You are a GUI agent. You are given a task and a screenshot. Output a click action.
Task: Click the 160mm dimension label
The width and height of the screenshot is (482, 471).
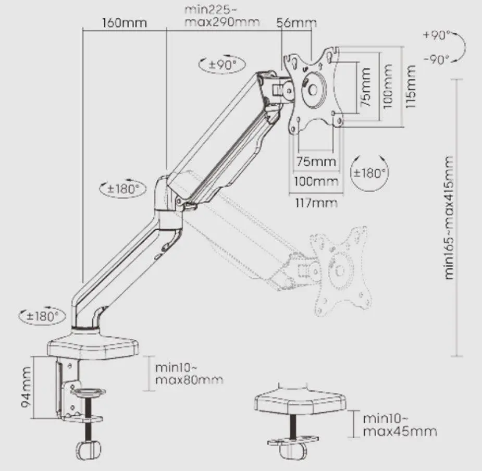[x=125, y=23]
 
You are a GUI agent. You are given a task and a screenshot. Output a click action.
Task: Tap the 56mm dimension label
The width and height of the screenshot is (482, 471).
[x=296, y=23]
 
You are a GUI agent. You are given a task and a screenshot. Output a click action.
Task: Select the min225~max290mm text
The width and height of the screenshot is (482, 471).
[x=221, y=16]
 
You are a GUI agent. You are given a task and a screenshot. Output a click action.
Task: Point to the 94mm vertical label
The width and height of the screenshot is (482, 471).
[x=26, y=387]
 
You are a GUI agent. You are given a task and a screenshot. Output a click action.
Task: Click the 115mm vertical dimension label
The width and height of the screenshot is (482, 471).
[x=411, y=86]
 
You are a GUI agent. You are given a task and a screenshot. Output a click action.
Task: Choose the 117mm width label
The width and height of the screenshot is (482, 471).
[x=316, y=203]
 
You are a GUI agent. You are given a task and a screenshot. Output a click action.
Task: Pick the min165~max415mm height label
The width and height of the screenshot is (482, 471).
[x=449, y=218]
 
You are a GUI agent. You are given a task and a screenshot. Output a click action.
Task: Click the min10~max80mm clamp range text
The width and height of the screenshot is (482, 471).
[x=189, y=374]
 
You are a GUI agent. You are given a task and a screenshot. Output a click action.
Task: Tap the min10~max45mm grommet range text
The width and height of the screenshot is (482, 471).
[x=400, y=425]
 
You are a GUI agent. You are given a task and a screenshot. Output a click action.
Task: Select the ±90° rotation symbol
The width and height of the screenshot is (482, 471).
[x=223, y=65]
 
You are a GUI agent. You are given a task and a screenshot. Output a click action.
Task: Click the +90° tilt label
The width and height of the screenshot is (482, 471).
[x=436, y=35]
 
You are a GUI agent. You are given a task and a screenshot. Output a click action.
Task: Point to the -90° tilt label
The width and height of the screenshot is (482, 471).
[x=436, y=59]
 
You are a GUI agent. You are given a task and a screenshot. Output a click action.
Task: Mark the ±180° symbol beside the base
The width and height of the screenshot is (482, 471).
[x=42, y=315]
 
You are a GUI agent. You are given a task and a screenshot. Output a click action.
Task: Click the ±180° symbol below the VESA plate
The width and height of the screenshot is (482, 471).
[x=369, y=173]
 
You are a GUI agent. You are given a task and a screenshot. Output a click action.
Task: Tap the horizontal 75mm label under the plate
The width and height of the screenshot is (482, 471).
[x=316, y=162]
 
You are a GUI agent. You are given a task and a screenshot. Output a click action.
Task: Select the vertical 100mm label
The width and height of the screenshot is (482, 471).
[x=388, y=86]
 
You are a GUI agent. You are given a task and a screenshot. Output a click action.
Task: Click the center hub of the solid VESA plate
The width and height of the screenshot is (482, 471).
[x=313, y=90]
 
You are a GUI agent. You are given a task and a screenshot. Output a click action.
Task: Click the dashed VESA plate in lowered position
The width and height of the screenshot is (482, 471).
[x=340, y=270]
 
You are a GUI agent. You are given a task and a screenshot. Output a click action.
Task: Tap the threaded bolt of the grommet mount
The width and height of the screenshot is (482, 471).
[x=293, y=427]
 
